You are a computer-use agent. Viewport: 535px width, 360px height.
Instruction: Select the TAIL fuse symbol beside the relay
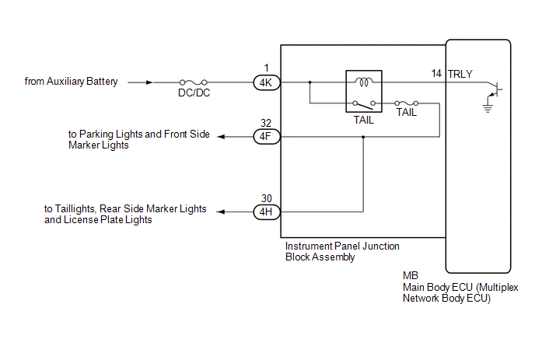pyautogui.click(x=406, y=103)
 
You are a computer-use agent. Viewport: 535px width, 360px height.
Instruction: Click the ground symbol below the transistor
pyautogui.click(x=488, y=108)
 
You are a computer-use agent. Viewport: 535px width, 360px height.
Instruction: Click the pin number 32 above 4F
pyautogui.click(x=265, y=123)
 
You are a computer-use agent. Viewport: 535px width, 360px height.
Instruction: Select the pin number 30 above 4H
pyautogui.click(x=265, y=198)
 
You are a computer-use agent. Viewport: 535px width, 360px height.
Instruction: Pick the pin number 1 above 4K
pyautogui.click(x=265, y=68)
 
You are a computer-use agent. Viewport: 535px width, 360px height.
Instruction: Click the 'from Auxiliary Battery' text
pyautogui.click(x=72, y=81)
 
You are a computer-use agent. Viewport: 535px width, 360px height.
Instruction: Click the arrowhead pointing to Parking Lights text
pyautogui.click(x=222, y=136)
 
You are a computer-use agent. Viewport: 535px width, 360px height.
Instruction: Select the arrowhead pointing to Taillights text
pyautogui.click(x=222, y=211)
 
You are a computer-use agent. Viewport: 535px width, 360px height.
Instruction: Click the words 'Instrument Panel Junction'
pyautogui.click(x=342, y=246)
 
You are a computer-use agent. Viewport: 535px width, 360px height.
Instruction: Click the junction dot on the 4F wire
pyautogui.click(x=363, y=136)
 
